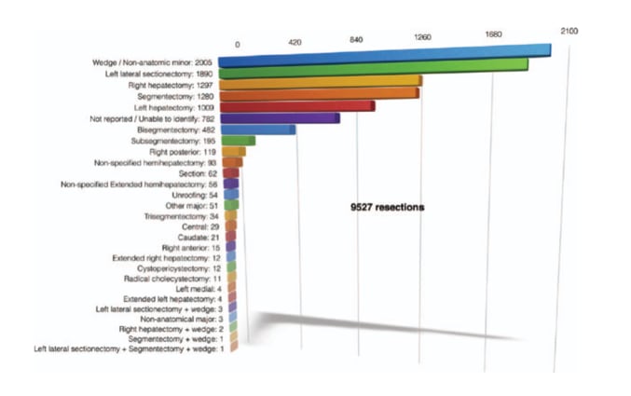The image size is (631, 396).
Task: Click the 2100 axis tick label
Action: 569,31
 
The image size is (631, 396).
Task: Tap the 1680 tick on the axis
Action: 494,34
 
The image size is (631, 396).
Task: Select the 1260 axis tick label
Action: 421,37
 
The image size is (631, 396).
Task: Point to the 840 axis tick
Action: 355,40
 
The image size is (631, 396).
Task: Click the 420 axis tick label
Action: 295,43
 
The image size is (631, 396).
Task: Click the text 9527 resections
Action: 381,208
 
